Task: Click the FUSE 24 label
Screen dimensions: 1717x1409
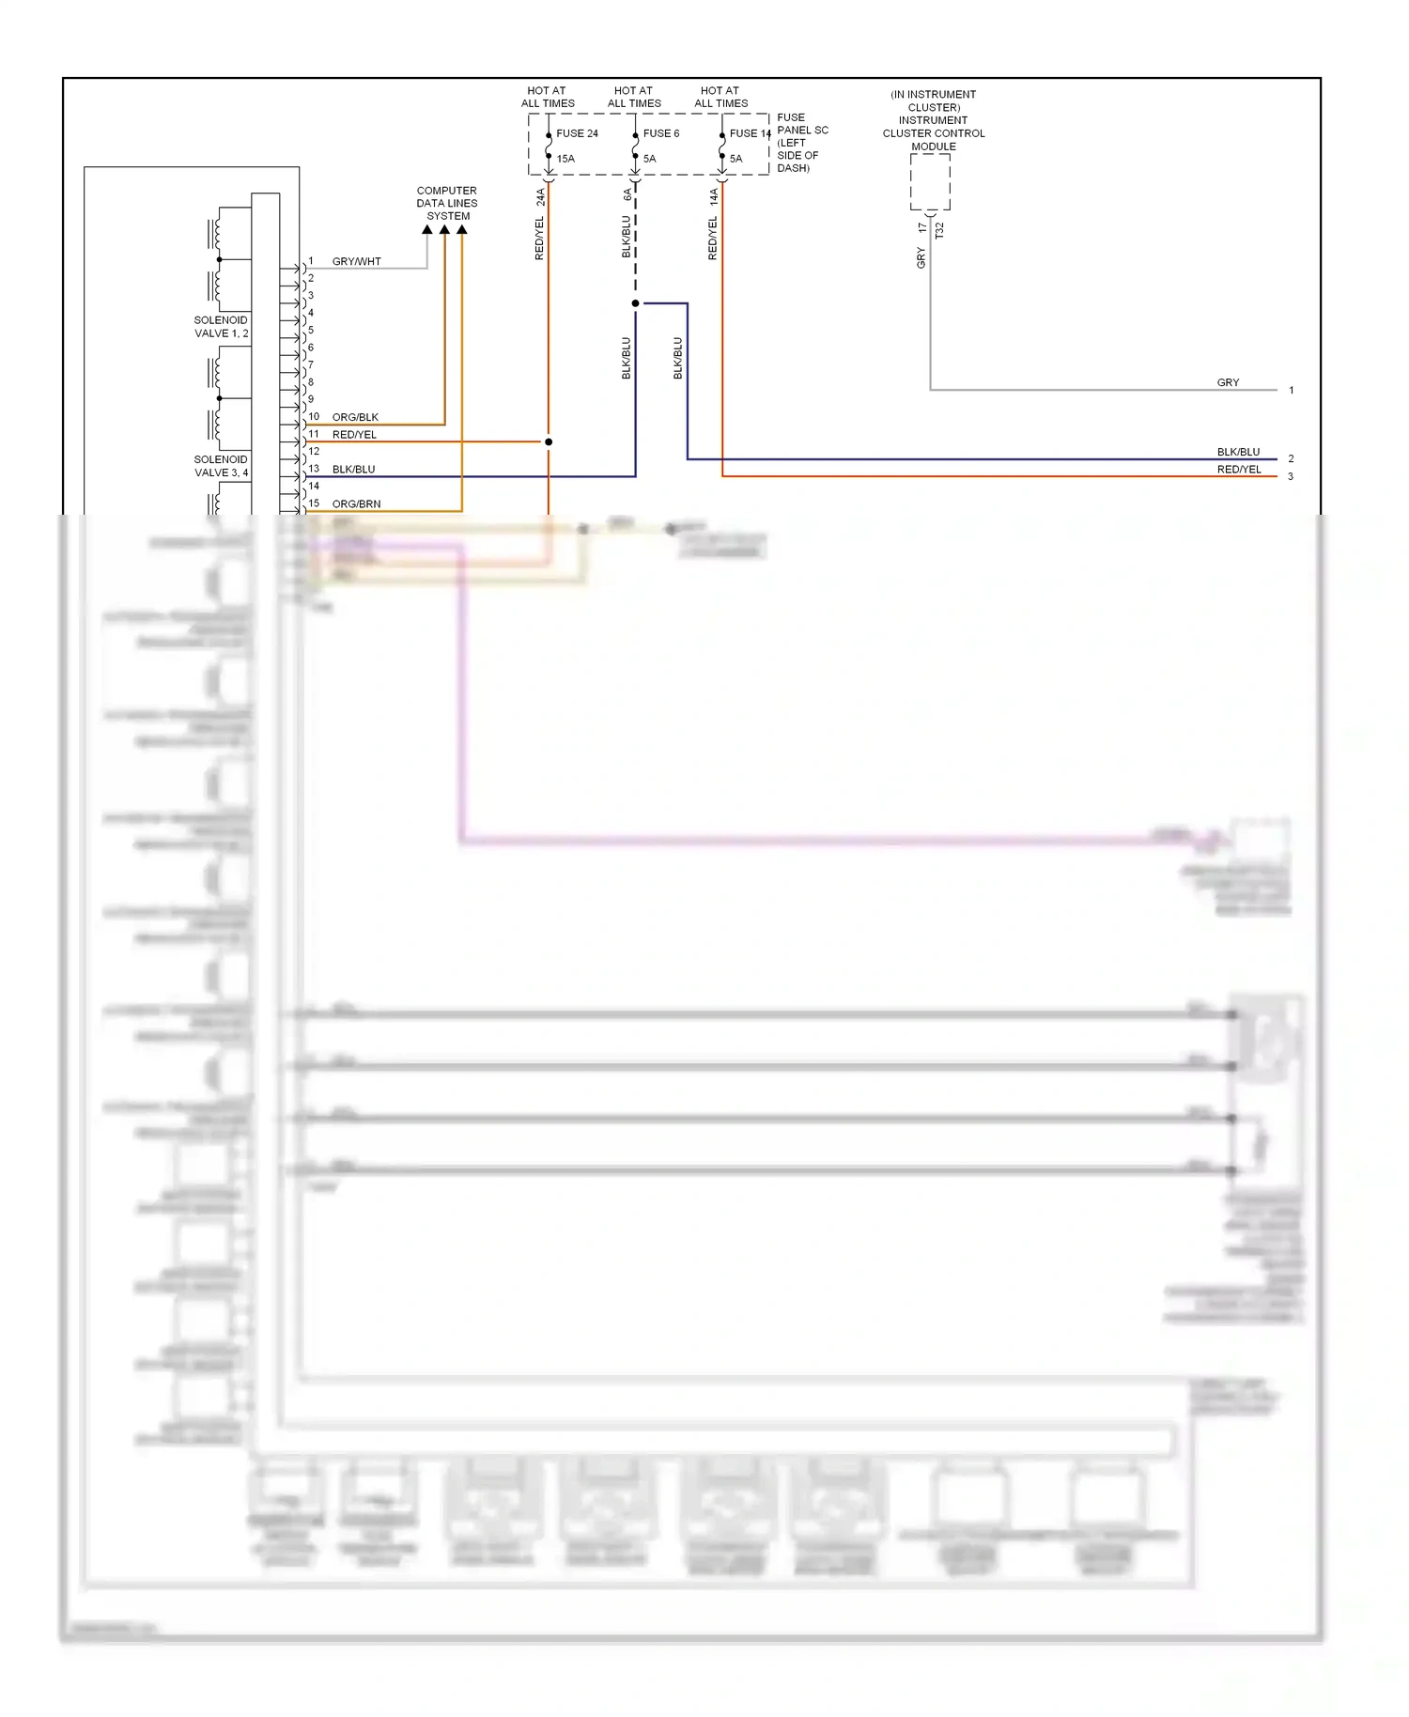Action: point(577,133)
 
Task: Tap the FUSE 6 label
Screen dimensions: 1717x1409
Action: point(660,133)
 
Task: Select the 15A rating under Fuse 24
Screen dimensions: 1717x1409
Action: point(565,159)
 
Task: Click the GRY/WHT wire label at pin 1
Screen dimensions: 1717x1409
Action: point(356,262)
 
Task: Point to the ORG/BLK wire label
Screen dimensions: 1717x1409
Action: point(355,417)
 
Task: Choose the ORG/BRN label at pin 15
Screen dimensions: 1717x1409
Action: point(356,504)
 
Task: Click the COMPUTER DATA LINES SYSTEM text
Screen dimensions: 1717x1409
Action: point(447,203)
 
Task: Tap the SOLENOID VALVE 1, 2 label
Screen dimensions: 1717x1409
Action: point(221,327)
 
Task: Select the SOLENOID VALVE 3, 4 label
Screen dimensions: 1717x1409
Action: point(221,466)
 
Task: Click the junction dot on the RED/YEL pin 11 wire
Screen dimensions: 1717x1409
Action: point(549,441)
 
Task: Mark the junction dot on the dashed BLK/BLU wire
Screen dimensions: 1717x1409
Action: point(636,303)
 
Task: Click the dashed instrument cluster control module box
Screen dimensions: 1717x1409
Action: point(930,181)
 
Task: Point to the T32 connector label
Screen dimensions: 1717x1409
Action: point(939,230)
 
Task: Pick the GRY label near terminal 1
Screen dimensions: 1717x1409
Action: point(1228,382)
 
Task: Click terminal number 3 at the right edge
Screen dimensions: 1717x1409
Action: point(1291,477)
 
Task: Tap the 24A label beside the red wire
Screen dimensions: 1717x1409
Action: point(540,197)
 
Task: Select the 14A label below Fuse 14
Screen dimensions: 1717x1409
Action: point(714,196)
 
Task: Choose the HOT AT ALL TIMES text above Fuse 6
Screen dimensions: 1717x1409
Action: point(634,97)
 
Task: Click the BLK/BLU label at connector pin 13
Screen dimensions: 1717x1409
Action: point(353,470)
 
